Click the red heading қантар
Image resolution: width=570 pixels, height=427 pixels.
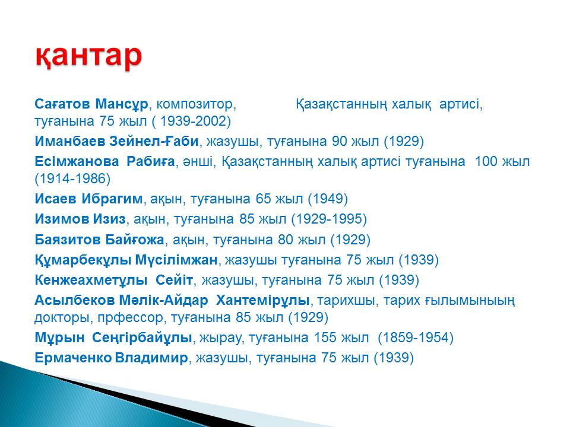(x=88, y=56)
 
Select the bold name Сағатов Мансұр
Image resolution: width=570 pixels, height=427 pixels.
(x=91, y=104)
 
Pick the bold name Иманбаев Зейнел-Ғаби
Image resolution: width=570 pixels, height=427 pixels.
(x=117, y=141)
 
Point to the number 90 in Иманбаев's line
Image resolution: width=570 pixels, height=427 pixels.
(x=339, y=141)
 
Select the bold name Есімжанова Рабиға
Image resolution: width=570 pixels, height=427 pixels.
(x=104, y=161)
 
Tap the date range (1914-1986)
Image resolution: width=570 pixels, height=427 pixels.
(x=72, y=179)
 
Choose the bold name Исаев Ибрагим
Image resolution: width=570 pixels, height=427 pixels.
(x=88, y=199)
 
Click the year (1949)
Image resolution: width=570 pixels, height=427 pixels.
(x=328, y=199)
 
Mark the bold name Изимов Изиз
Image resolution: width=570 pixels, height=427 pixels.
(x=80, y=219)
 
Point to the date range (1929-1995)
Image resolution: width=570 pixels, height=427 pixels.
(x=328, y=219)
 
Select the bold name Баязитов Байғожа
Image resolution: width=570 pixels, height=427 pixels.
(x=99, y=240)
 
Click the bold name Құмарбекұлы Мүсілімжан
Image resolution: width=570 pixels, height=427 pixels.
(x=126, y=260)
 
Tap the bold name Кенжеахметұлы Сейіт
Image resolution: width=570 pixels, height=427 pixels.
(x=114, y=280)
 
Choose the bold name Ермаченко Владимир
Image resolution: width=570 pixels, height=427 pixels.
(x=111, y=358)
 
